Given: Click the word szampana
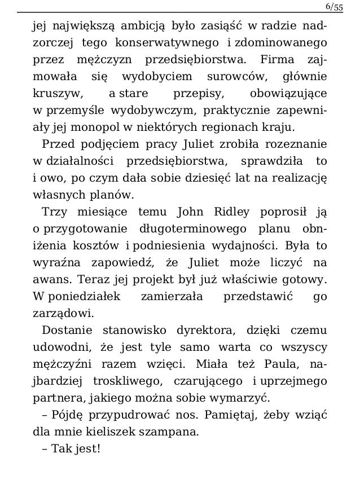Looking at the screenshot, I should point(168,433).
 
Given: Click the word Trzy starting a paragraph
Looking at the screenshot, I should point(52,212).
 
